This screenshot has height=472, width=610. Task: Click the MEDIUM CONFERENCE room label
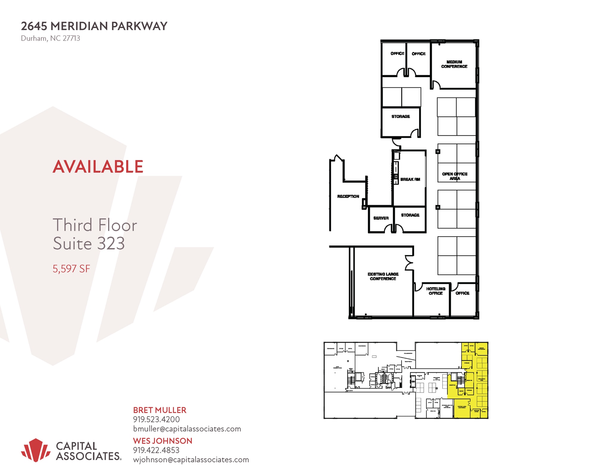point(454,64)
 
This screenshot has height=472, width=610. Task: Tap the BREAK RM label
point(410,179)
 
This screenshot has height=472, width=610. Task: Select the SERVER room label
point(381,218)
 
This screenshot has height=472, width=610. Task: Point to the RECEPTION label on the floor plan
point(348,196)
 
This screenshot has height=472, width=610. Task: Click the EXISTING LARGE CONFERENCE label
point(383,276)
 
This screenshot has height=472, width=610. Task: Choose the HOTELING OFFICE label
point(435,291)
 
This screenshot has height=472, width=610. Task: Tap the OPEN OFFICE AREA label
point(455,176)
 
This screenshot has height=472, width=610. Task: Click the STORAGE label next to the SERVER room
point(410,215)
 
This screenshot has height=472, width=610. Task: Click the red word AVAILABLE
point(98,166)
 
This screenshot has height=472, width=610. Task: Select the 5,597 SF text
point(71,269)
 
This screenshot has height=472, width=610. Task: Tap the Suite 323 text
point(89,243)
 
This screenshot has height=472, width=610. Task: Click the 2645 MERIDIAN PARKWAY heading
point(94,26)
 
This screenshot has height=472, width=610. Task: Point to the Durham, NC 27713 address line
point(50,38)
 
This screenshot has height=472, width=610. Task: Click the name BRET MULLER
point(160,410)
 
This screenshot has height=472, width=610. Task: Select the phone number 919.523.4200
point(156,419)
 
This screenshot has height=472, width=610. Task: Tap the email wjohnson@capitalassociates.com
point(191,459)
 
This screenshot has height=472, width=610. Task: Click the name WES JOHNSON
point(163,441)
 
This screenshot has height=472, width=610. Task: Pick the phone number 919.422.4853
point(156,450)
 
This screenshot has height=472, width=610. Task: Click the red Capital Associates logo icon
point(36,450)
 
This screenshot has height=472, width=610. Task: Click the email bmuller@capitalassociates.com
point(187,429)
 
